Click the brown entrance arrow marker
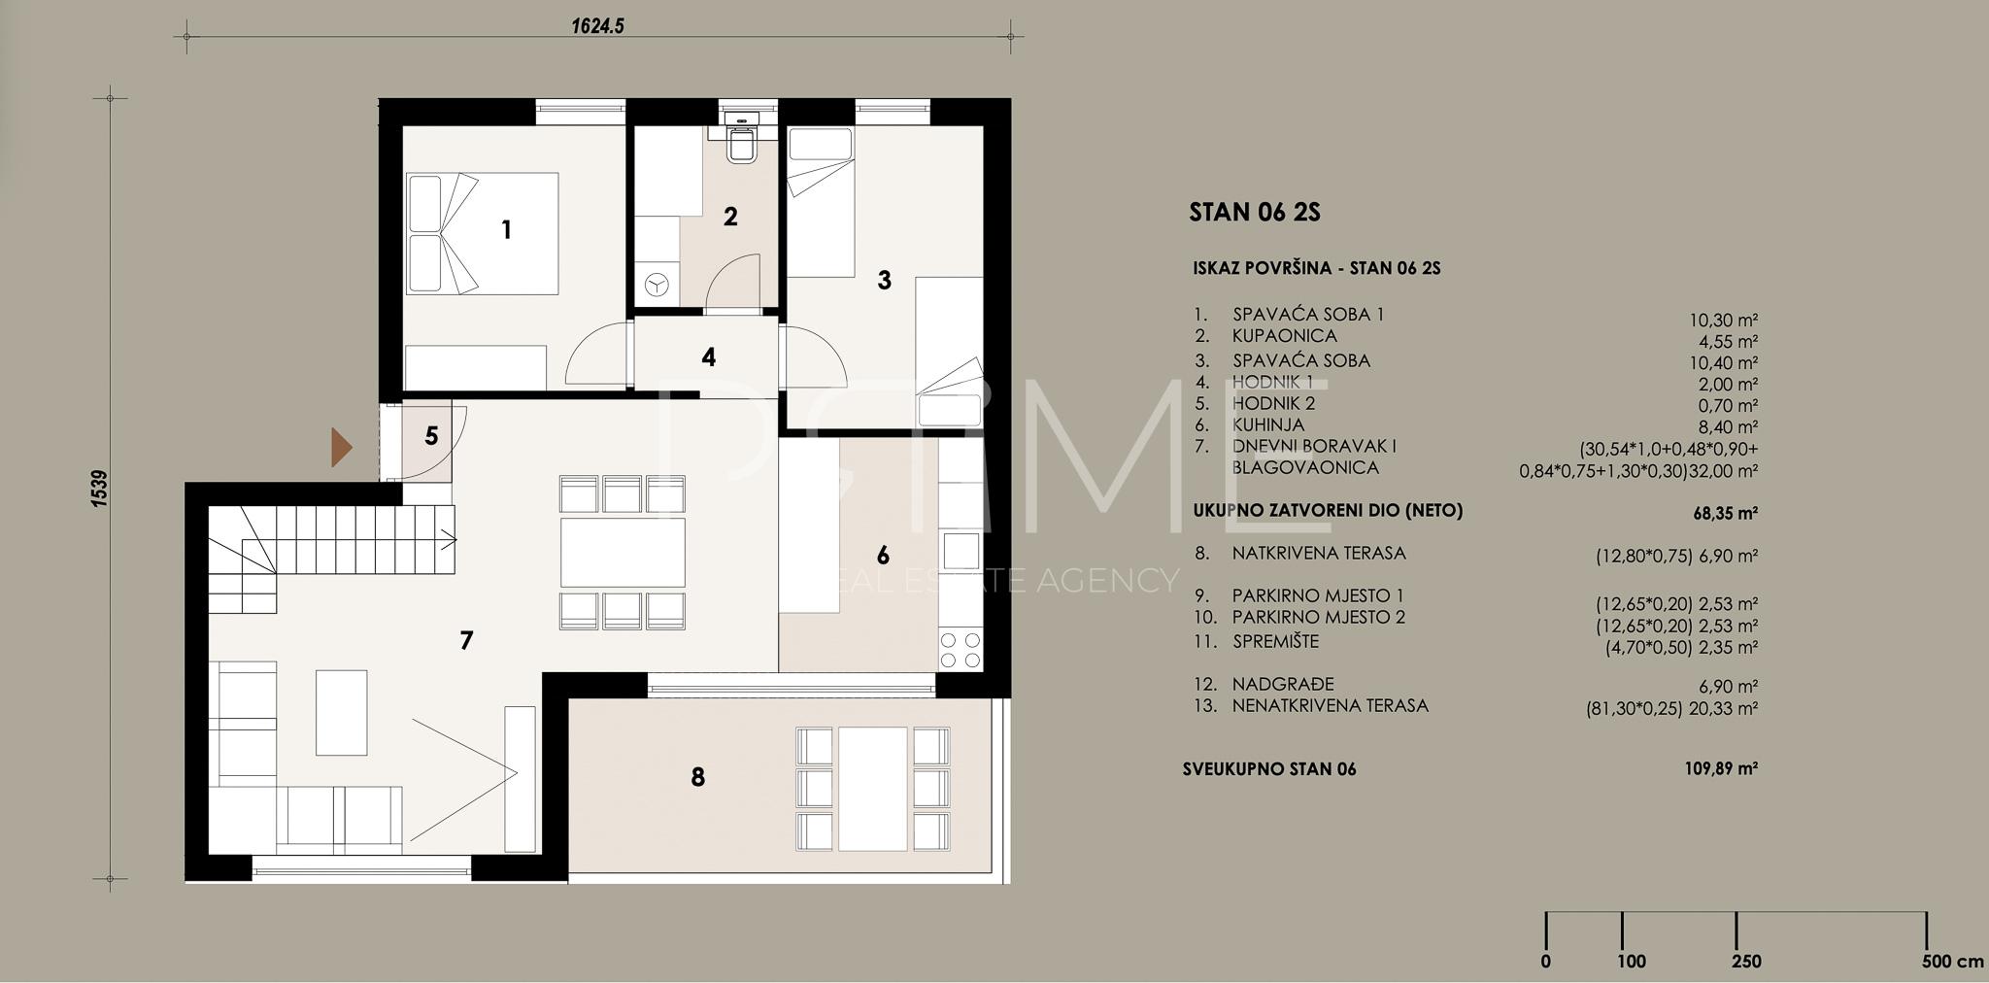click(340, 447)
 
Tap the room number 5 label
click(431, 436)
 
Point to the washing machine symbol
click(657, 284)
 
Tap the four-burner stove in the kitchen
click(961, 649)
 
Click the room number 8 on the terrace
click(697, 777)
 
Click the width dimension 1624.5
click(597, 26)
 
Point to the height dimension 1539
click(99, 489)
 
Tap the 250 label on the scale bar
click(1745, 962)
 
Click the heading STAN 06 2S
click(1255, 213)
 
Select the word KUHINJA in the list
click(1268, 425)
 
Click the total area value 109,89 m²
click(1721, 768)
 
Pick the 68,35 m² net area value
click(1726, 513)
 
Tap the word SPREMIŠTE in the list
click(1276, 641)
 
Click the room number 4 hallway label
click(709, 357)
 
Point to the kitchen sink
click(961, 551)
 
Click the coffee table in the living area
click(341, 712)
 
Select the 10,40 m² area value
click(1724, 363)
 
